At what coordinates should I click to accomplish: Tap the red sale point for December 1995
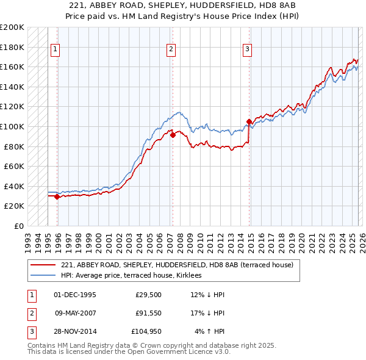click(57, 196)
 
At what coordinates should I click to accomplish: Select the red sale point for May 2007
click(173, 135)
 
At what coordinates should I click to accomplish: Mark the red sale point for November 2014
click(249, 121)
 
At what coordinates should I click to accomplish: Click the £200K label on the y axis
click(12, 27)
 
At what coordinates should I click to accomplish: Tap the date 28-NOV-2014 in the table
click(75, 331)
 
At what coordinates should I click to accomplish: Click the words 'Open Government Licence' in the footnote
click(179, 352)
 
